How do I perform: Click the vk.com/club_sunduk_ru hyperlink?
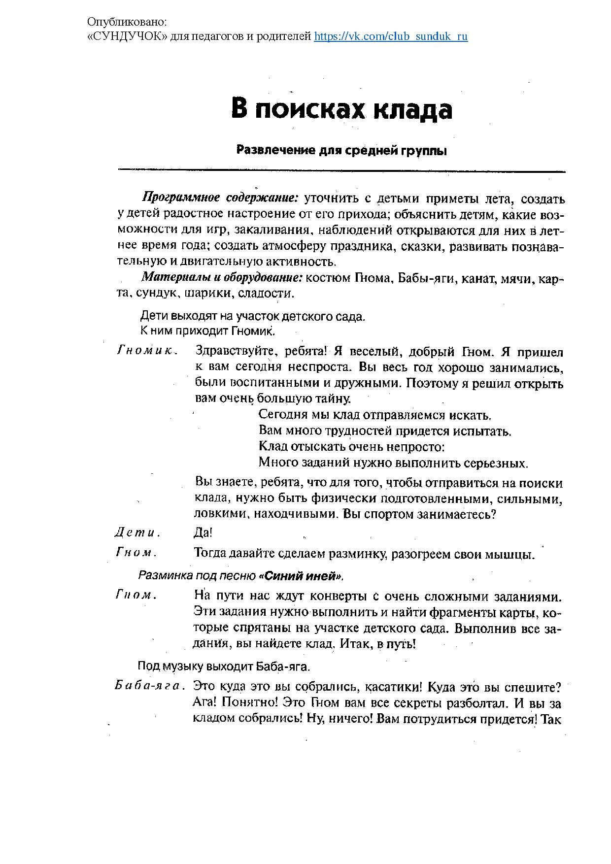(x=391, y=36)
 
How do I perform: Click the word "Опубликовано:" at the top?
(x=127, y=22)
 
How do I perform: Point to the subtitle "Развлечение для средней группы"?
(x=341, y=150)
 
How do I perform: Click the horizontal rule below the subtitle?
(x=341, y=171)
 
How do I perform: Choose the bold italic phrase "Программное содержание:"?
(x=220, y=199)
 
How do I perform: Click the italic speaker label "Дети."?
(x=137, y=532)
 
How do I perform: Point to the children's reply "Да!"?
(x=203, y=532)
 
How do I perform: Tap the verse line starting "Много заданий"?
(x=393, y=463)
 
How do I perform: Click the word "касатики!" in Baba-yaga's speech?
(x=388, y=686)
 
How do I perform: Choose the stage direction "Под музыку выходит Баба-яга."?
(x=224, y=666)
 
